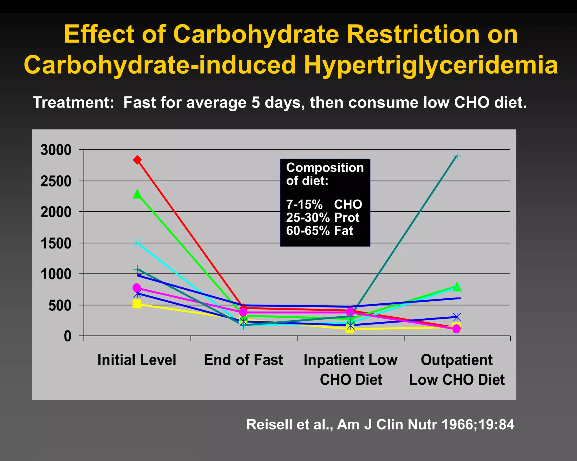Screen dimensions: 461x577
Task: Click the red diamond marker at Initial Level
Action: click(x=137, y=160)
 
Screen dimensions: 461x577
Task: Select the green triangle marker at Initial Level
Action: click(x=137, y=194)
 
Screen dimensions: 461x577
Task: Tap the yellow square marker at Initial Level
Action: click(x=137, y=304)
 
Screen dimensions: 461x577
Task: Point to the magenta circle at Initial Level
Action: click(x=137, y=288)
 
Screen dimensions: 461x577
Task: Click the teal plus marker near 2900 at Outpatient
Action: click(x=457, y=156)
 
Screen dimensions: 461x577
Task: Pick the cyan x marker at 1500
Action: click(x=137, y=243)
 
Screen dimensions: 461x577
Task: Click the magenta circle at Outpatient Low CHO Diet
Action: click(x=456, y=329)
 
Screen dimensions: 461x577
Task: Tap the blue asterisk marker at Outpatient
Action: click(x=457, y=317)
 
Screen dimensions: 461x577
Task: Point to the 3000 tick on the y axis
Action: click(x=56, y=150)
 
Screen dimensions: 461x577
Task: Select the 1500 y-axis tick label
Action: click(x=56, y=243)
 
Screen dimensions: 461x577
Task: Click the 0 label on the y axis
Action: click(x=68, y=336)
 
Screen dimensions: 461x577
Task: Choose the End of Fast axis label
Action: click(x=243, y=360)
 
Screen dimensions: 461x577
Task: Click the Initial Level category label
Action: click(x=137, y=360)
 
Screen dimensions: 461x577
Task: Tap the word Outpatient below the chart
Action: click(x=456, y=360)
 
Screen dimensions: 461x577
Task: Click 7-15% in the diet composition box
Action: click(x=304, y=205)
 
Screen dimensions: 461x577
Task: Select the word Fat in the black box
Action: click(x=343, y=231)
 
